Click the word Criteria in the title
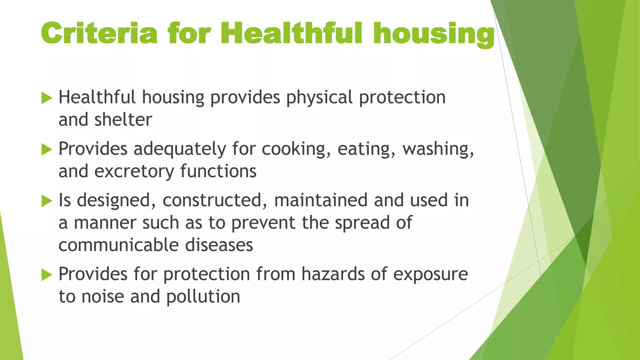99,33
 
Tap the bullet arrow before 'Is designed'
47,201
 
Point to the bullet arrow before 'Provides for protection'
47,275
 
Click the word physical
319,98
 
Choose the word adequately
180,149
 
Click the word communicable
118,245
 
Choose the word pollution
203,297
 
